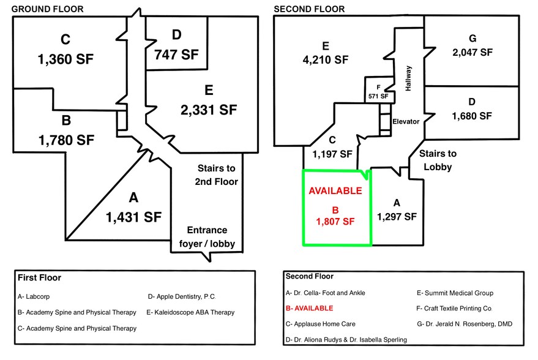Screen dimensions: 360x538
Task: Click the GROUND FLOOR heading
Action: pyautogui.click(x=48, y=9)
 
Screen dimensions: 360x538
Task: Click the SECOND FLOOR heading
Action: pyautogui.click(x=309, y=9)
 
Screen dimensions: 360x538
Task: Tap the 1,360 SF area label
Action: pyautogui.click(x=66, y=60)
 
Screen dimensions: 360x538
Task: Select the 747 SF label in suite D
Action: pyautogui.click(x=177, y=54)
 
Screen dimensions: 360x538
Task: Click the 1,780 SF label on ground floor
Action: pyautogui.click(x=66, y=140)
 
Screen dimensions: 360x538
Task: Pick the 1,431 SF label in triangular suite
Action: pyautogui.click(x=133, y=217)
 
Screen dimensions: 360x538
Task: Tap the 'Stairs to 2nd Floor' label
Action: pyautogui.click(x=216, y=174)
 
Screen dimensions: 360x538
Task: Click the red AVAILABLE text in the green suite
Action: pyautogui.click(x=335, y=190)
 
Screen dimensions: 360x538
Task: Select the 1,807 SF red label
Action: pyautogui.click(x=335, y=216)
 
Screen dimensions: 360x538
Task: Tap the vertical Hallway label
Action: pyautogui.click(x=408, y=78)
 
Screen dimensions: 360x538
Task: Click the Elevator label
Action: pyautogui.click(x=406, y=121)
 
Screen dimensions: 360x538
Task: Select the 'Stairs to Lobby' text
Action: pyautogui.click(x=438, y=160)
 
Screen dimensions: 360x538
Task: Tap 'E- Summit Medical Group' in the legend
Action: pyautogui.click(x=455, y=293)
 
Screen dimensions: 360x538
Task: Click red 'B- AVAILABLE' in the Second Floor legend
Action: pyautogui.click(x=310, y=308)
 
